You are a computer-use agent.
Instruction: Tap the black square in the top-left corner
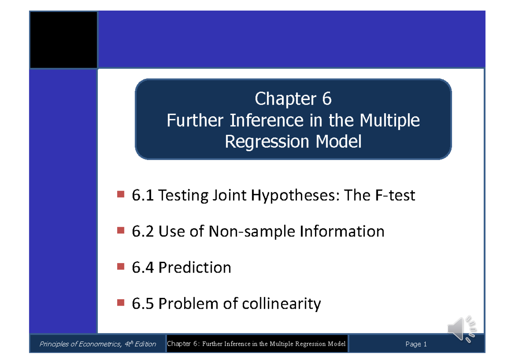64,40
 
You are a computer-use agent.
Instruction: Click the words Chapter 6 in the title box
293,99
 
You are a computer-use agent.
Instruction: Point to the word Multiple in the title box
389,120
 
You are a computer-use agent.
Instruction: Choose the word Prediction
194,268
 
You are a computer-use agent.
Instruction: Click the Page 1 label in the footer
416,344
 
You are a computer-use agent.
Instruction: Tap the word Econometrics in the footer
91,344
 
